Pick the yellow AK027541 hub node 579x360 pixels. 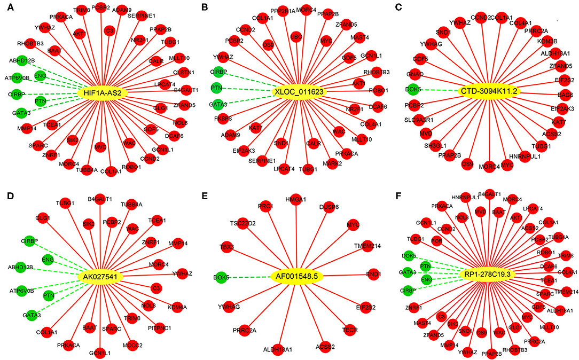tap(101, 276)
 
